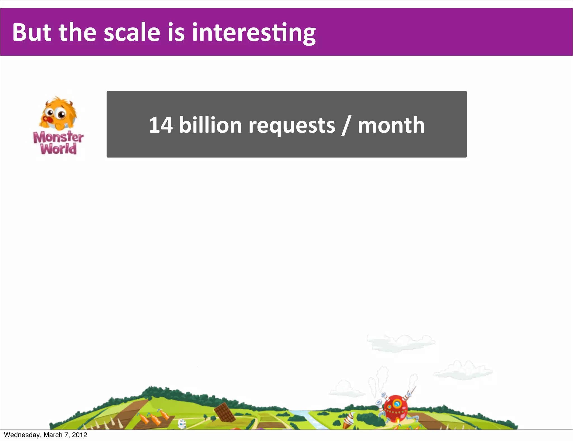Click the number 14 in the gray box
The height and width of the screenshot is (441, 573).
pyautogui.click(x=161, y=125)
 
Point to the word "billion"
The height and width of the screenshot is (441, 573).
pyautogui.click(x=210, y=125)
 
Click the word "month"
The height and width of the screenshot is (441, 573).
pyautogui.click(x=391, y=125)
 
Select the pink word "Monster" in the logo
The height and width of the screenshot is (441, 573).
pyautogui.click(x=58, y=137)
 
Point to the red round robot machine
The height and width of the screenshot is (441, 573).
pyautogui.click(x=395, y=407)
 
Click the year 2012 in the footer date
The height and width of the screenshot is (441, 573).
pyautogui.click(x=79, y=435)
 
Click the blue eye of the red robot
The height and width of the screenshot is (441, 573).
pyautogui.click(x=396, y=404)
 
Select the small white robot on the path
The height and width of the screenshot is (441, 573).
pyautogui.click(x=182, y=424)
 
